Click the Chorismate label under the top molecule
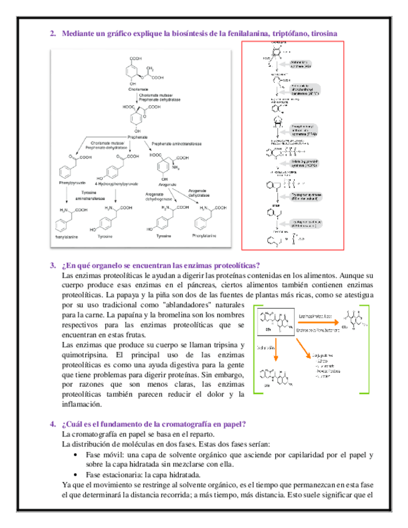click(138, 89)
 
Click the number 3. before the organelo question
click(53, 265)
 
